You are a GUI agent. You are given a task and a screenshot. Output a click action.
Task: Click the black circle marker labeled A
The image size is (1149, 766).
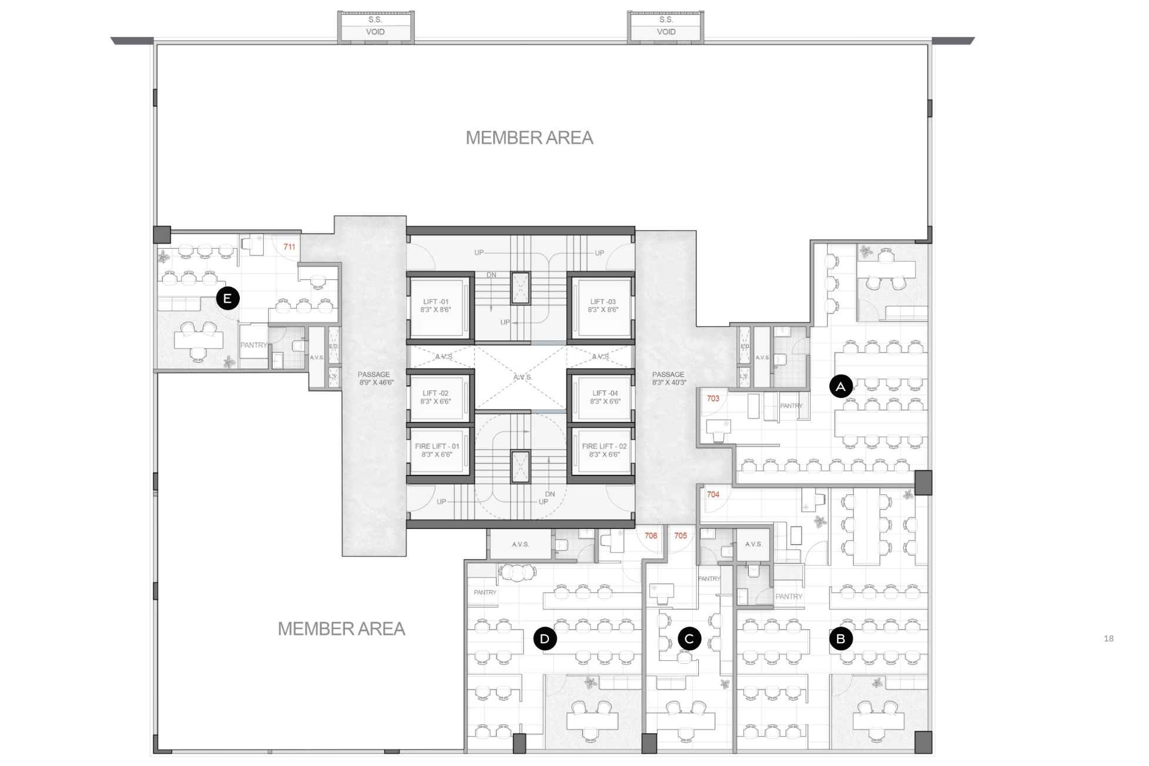(x=840, y=386)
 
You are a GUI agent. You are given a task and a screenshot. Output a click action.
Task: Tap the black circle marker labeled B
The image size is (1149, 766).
(x=840, y=639)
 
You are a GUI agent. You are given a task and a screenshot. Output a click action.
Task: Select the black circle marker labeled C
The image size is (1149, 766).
(x=689, y=638)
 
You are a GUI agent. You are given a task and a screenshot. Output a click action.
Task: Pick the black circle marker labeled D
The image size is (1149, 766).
(x=545, y=638)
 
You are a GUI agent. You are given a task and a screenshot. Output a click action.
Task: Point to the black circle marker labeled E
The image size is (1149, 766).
(x=227, y=299)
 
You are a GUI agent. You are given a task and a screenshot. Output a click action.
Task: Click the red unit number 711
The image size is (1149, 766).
(x=289, y=247)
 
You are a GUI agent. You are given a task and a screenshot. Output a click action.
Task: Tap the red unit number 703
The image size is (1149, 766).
(x=713, y=399)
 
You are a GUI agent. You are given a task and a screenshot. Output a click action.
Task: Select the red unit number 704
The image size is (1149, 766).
(x=713, y=494)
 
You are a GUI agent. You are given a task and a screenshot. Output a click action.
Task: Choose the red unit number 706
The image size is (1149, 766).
(x=651, y=536)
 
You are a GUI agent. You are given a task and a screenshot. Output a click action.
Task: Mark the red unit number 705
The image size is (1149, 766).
(x=681, y=536)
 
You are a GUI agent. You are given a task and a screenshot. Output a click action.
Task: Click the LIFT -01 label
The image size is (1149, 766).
(x=436, y=306)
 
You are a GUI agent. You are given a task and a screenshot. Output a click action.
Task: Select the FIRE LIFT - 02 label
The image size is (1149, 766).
(x=604, y=450)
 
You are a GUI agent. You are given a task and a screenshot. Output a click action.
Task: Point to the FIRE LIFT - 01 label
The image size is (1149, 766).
(x=437, y=450)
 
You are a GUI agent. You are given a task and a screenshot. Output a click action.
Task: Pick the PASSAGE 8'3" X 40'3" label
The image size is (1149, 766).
(x=668, y=379)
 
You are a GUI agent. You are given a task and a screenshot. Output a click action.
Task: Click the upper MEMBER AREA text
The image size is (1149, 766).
(x=529, y=138)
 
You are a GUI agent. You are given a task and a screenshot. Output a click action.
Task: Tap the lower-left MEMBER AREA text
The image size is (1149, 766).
(x=341, y=629)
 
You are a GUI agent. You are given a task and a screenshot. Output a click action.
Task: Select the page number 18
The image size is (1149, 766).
(x=1108, y=638)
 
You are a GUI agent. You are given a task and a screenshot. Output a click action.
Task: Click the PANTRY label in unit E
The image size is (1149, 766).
(x=253, y=345)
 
